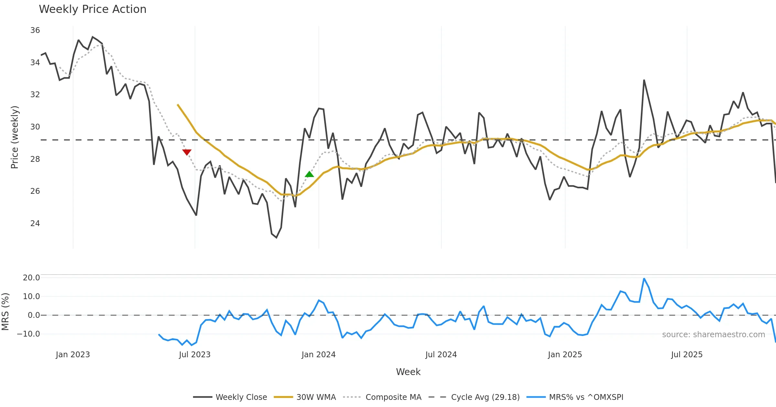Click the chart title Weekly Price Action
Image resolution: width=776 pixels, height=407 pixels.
click(92, 9)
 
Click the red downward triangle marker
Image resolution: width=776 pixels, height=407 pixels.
click(187, 152)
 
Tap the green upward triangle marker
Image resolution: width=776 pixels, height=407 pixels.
click(309, 174)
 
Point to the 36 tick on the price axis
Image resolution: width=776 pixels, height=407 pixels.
click(35, 30)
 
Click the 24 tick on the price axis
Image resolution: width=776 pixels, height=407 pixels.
click(35, 224)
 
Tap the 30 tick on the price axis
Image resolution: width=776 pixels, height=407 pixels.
click(35, 127)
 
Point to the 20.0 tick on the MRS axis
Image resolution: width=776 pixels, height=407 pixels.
click(31, 278)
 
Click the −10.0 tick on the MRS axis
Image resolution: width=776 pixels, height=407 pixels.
click(28, 334)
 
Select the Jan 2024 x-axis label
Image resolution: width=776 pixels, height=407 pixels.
click(318, 355)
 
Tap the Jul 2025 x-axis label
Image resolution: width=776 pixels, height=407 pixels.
click(687, 355)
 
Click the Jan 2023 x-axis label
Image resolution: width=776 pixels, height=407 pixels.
click(73, 355)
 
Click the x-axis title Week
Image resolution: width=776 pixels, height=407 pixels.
click(408, 372)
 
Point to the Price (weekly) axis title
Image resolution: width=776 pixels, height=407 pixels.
click(15, 137)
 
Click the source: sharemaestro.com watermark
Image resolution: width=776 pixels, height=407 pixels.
click(713, 335)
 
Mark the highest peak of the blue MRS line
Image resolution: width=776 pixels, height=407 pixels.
click(644, 278)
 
